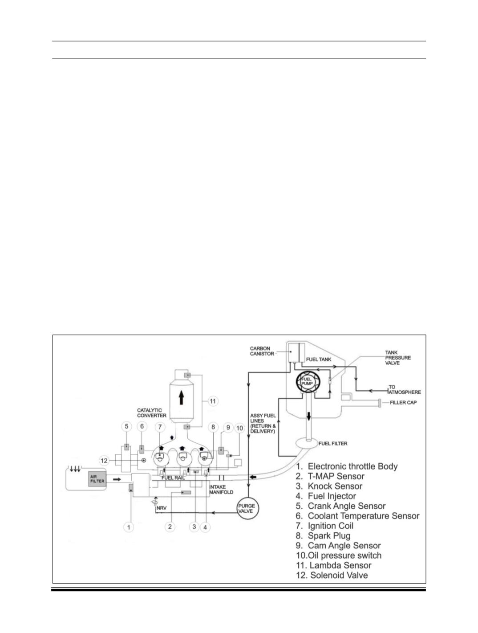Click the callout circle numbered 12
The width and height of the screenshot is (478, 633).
(x=104, y=461)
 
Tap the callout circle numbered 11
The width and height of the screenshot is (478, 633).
(x=213, y=401)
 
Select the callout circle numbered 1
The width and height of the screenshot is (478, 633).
(x=129, y=527)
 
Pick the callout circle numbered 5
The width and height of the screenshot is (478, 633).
(x=126, y=426)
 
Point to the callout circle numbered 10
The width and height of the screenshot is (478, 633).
(x=239, y=428)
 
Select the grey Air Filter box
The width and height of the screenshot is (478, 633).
(x=97, y=479)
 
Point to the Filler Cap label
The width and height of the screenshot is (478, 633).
(x=403, y=402)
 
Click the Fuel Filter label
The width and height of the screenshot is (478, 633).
(x=333, y=444)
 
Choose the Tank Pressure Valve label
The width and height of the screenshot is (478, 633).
(x=398, y=358)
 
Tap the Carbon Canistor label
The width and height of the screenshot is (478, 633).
(x=262, y=351)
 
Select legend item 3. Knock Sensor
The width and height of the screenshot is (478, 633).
(x=329, y=486)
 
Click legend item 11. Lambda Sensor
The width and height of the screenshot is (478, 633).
(x=334, y=565)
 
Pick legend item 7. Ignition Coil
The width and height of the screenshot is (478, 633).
(x=324, y=526)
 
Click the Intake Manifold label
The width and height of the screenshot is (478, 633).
(x=221, y=490)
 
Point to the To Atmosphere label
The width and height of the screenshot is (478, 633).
(x=404, y=390)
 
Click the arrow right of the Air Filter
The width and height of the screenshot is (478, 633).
(x=117, y=479)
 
